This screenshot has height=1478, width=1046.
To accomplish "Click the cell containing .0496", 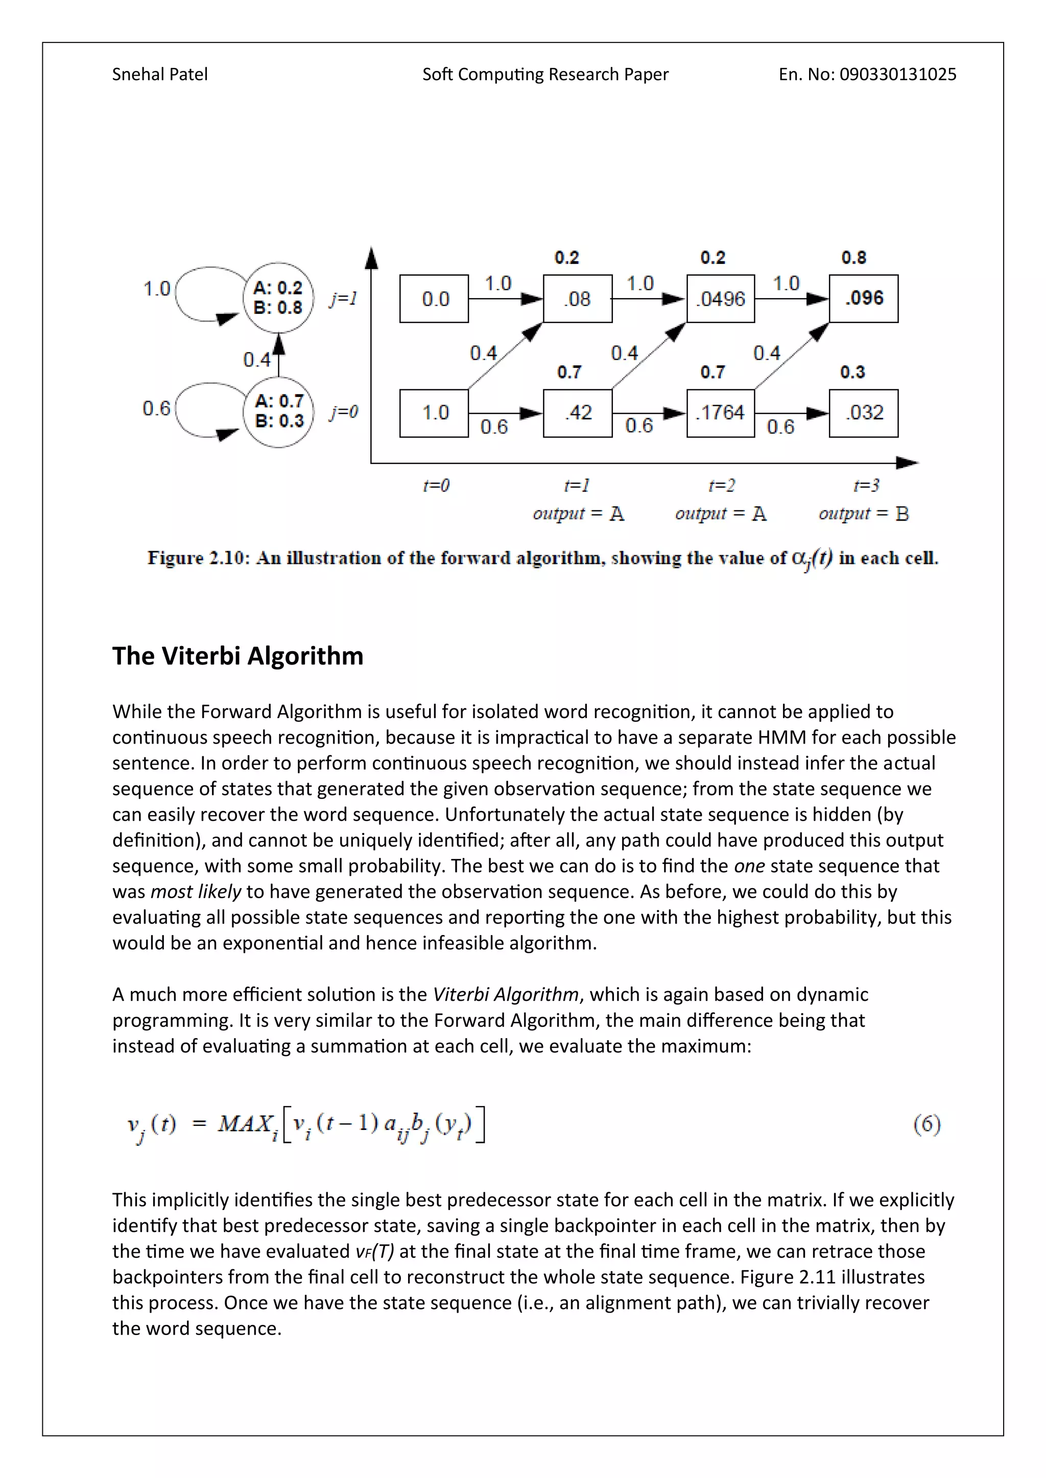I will pos(720,299).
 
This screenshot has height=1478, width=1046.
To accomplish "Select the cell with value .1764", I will pos(720,413).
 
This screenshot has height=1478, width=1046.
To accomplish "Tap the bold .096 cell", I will pos(863,299).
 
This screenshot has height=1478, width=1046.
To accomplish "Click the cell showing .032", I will pos(863,413).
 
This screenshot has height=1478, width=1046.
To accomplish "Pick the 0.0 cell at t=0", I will pos(434,299).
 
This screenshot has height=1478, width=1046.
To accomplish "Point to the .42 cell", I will pos(577,413).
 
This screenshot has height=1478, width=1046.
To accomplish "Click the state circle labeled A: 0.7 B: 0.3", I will pos(278,411).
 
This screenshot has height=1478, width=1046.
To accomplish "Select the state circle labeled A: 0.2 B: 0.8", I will pos(278,298).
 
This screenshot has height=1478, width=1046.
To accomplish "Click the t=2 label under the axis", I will pos(721,485).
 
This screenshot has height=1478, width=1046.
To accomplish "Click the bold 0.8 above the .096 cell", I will pos(853,258).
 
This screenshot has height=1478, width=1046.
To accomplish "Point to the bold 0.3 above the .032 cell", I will pos(852,372).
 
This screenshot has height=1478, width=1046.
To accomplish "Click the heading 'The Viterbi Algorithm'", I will pos(237,656).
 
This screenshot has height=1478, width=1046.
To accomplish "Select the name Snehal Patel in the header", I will pos(160,75).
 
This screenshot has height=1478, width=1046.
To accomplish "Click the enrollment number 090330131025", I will pos(898,75).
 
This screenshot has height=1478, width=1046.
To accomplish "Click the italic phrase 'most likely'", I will pos(196,892).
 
